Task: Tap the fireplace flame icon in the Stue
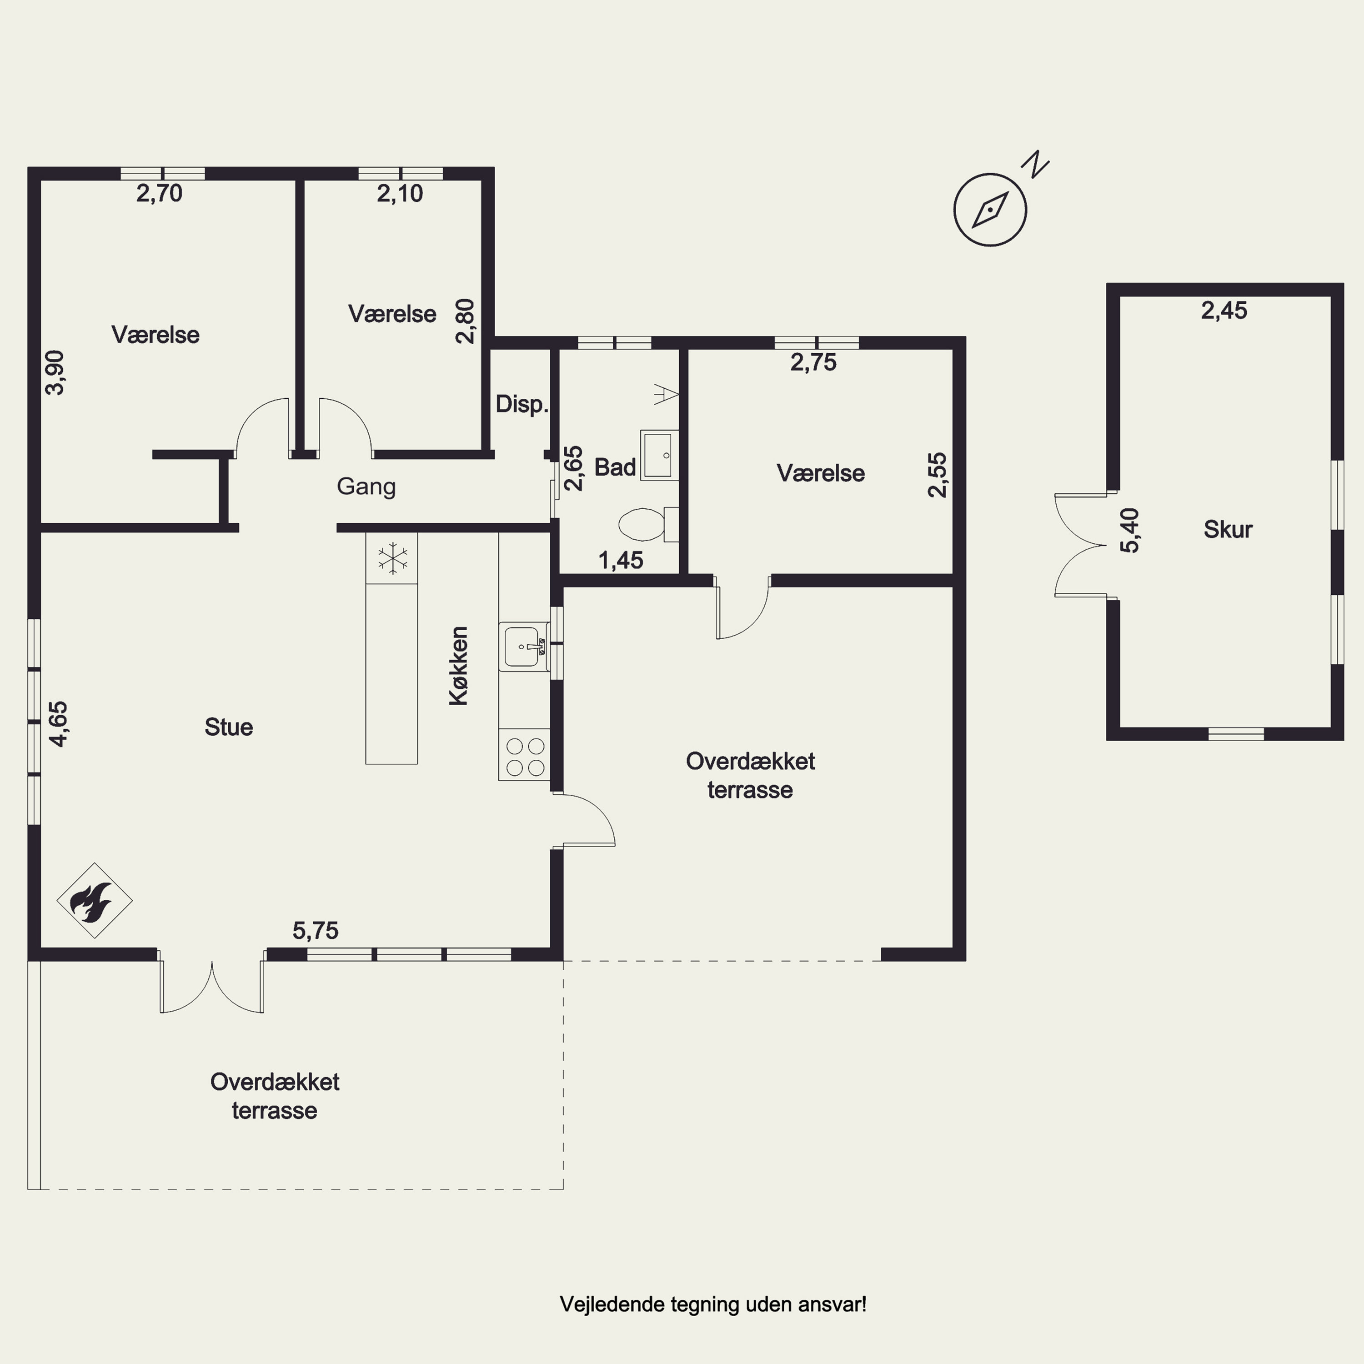pyautogui.click(x=95, y=901)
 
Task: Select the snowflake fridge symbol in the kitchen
pyautogui.click(x=392, y=558)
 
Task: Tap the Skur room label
pyautogui.click(x=1228, y=530)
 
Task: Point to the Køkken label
pyautogui.click(x=459, y=666)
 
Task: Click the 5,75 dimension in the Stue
pyautogui.click(x=316, y=931)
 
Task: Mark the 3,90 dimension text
pyautogui.click(x=55, y=373)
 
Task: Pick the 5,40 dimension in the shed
pyautogui.click(x=1129, y=530)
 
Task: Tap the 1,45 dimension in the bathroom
pyautogui.click(x=621, y=561)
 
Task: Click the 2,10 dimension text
pyautogui.click(x=400, y=193)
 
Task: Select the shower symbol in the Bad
pyautogui.click(x=666, y=394)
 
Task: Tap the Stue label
pyautogui.click(x=229, y=727)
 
